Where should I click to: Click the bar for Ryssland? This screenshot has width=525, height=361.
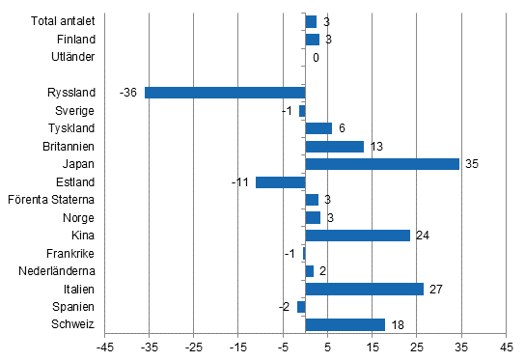[225, 93]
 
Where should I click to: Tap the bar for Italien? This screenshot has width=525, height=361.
[364, 289]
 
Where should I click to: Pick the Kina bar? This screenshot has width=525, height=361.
[357, 236]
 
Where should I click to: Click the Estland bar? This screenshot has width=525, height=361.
[280, 182]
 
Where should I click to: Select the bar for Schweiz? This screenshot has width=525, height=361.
[345, 324]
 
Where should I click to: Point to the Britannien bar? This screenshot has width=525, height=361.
[334, 147]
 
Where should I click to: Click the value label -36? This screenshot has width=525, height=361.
[127, 93]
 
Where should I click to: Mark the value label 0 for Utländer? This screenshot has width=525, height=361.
[316, 58]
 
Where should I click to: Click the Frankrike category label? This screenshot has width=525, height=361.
[71, 253]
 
